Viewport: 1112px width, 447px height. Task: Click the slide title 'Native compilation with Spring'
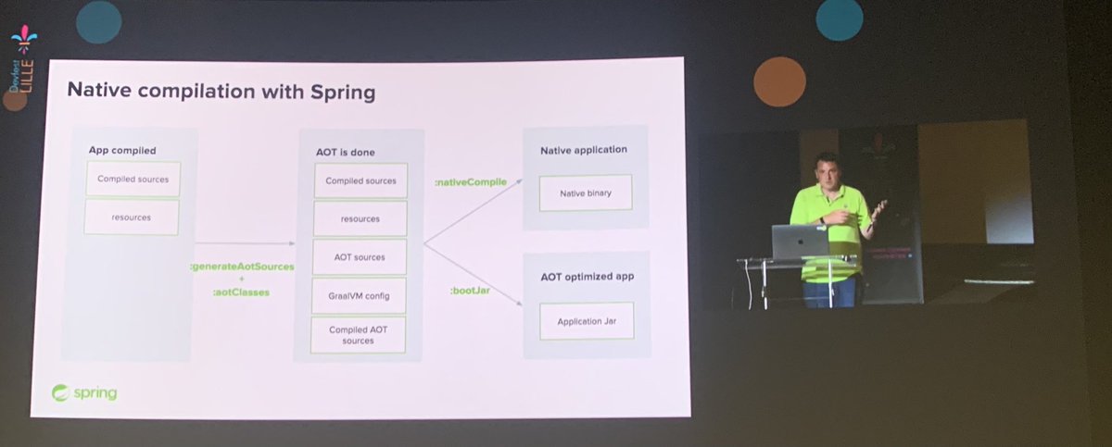tap(221, 93)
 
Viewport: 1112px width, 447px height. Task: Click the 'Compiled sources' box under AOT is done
tap(360, 180)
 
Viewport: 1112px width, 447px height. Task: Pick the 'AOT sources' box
tap(360, 256)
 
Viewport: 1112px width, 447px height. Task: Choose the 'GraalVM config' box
tap(360, 295)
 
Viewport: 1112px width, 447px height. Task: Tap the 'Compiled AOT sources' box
tap(359, 334)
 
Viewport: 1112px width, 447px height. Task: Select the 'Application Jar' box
tap(587, 321)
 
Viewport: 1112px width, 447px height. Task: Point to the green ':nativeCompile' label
tap(471, 182)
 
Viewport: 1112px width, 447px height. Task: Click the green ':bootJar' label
tap(470, 290)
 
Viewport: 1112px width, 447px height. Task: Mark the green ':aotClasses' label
tap(243, 292)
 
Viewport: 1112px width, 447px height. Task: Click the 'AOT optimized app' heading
tap(588, 277)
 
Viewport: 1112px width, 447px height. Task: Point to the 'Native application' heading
tap(583, 149)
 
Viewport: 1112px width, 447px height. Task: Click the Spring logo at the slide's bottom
tap(85, 392)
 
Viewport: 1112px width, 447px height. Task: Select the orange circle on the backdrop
tap(779, 82)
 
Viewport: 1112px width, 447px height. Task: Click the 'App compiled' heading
tap(122, 150)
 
